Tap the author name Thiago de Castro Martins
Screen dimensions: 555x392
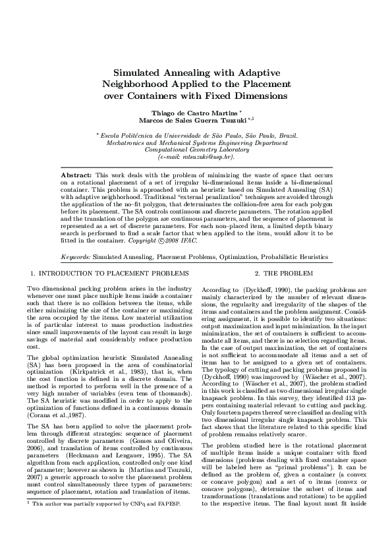(195, 113)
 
